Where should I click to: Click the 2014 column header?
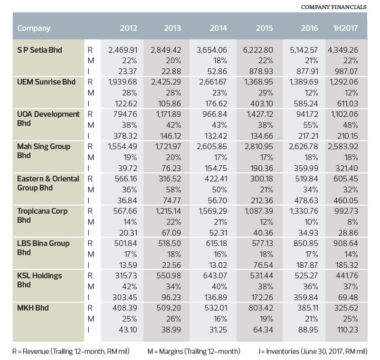[218, 28]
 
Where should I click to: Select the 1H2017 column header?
[345, 28]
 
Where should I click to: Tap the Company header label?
[34, 28]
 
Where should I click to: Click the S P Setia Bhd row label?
[39, 50]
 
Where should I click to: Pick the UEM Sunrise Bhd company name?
[46, 82]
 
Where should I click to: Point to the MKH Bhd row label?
[33, 308]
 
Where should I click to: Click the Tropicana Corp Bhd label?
[42, 216]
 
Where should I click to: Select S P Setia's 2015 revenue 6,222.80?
[258, 50]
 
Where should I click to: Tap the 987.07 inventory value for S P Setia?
[346, 71]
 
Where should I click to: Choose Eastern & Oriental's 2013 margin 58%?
[173, 189]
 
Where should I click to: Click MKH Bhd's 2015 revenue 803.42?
[261, 308]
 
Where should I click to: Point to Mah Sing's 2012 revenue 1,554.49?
[123, 147]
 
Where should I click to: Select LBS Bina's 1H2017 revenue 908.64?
[346, 243]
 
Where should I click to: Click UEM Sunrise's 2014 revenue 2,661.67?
[213, 82]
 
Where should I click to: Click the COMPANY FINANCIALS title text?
[334, 7]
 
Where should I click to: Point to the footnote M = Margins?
[194, 351]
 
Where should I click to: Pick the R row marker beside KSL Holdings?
[90, 275]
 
